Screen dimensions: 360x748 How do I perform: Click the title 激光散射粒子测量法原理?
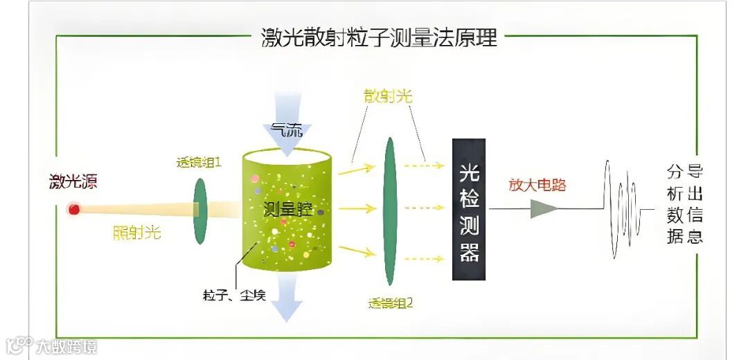pyautogui.click(x=379, y=37)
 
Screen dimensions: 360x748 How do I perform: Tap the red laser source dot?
pyautogui.click(x=73, y=208)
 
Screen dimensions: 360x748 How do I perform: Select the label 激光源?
pyautogui.click(x=73, y=183)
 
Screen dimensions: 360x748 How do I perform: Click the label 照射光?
pyautogui.click(x=136, y=233)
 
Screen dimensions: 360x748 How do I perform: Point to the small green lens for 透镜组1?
pyautogui.click(x=200, y=210)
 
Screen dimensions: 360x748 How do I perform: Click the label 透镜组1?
pyautogui.click(x=199, y=164)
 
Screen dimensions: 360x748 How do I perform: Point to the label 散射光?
pyautogui.click(x=388, y=96)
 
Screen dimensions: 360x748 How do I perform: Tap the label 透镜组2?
pyautogui.click(x=391, y=302)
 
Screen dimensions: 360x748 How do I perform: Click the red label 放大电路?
pyautogui.click(x=537, y=185)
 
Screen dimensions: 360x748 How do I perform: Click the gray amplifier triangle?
pyautogui.click(x=544, y=208)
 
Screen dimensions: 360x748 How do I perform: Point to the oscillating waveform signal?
pyautogui.click(x=623, y=208)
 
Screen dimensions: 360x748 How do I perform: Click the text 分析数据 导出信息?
pyautogui.click(x=685, y=204)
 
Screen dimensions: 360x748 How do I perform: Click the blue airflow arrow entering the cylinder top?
pyautogui.click(x=287, y=118)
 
